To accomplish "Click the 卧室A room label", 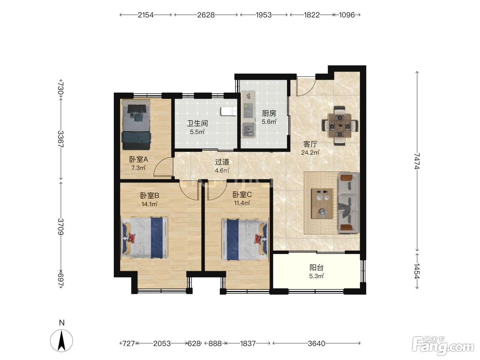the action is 139,159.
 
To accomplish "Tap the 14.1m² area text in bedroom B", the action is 149,204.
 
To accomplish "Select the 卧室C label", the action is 242,194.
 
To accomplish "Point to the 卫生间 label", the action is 197,123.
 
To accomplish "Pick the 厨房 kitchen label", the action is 269,113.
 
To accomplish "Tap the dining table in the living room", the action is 340,126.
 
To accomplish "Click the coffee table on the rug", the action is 322,203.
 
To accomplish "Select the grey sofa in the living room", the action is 349,203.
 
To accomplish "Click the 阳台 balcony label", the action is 316,267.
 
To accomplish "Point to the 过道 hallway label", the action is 222,162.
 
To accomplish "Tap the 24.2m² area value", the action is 310,152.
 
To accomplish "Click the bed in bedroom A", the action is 136,125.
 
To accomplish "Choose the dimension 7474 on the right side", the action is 417,161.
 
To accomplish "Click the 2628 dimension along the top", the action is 206,15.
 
